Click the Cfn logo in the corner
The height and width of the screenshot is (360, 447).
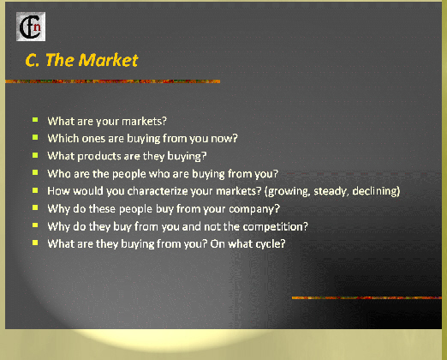pyautogui.click(x=31, y=27)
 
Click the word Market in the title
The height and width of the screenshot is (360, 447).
pyautogui.click(x=108, y=60)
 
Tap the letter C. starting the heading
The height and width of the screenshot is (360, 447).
pyautogui.click(x=33, y=60)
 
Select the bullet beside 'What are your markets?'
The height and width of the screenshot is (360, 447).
pyautogui.click(x=35, y=120)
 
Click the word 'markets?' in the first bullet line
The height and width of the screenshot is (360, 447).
pyautogui.click(x=144, y=122)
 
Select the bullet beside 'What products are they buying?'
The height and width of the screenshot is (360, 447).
pyautogui.click(x=35, y=155)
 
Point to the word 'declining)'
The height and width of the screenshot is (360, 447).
pyautogui.click(x=376, y=191)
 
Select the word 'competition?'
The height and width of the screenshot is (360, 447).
pyautogui.click(x=276, y=227)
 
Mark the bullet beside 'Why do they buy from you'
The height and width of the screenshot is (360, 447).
pyautogui.click(x=35, y=225)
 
